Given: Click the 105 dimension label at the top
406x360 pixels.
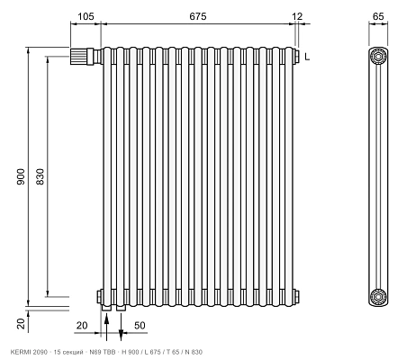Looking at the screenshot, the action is pyautogui.click(x=86, y=16).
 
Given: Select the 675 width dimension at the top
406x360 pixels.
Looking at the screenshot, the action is pyautogui.click(x=198, y=16).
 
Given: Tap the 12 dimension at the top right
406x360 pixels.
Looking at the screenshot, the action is pyautogui.click(x=297, y=16).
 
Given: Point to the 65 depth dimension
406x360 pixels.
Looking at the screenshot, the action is pyautogui.click(x=378, y=16).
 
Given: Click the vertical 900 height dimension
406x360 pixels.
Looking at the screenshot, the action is pyautogui.click(x=21, y=176).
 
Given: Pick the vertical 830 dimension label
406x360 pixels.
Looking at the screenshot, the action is pyautogui.click(x=40, y=176).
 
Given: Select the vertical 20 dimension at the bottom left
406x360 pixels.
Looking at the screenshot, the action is pyautogui.click(x=21, y=324).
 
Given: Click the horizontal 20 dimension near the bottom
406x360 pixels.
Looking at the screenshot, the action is pyautogui.click(x=82, y=325).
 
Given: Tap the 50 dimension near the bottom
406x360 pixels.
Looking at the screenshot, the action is pyautogui.click(x=140, y=325).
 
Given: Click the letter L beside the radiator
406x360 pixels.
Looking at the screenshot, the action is pyautogui.click(x=307, y=57).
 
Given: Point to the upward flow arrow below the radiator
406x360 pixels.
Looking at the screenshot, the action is pyautogui.click(x=106, y=327).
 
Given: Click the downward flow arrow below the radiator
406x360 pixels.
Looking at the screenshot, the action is pyautogui.click(x=121, y=327).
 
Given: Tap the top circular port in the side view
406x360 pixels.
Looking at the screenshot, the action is pyautogui.click(x=378, y=56).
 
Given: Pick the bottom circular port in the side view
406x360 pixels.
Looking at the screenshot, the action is pyautogui.click(x=378, y=296).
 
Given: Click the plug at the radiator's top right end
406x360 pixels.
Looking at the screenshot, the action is pyautogui.click(x=296, y=56).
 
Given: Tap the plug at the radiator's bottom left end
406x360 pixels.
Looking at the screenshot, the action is pyautogui.click(x=99, y=296).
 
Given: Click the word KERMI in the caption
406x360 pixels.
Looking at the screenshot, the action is pyautogui.click(x=20, y=352).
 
